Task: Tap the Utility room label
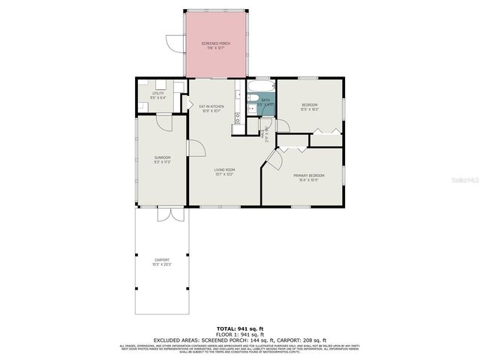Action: (x=158, y=93)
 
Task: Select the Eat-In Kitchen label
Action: (x=212, y=106)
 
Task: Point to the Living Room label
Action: (x=226, y=170)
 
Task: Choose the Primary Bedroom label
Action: (x=308, y=175)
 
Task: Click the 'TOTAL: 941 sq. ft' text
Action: (x=239, y=328)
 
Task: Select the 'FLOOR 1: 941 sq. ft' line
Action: (x=239, y=334)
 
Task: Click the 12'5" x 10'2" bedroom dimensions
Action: (x=310, y=109)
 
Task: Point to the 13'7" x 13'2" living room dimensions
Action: (x=226, y=175)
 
